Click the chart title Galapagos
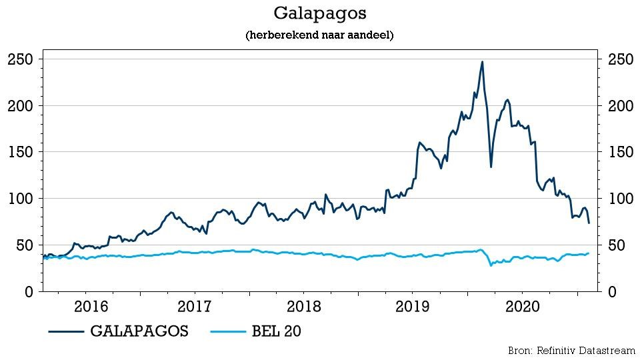coord(320,13)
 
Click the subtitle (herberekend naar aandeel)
coord(320,35)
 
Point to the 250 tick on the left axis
coord(21,59)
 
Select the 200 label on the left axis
coord(21,106)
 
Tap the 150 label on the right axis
coord(621,152)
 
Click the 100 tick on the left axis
coord(21,199)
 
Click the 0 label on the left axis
coord(29,292)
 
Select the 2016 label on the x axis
coord(91,307)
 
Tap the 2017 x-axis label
coord(195,307)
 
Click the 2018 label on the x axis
coord(303,307)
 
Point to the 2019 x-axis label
coord(411,307)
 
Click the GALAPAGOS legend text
coord(139,331)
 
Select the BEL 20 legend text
coord(272,331)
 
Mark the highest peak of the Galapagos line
coord(482,62)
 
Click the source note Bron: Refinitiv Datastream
coord(571,350)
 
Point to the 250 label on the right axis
coord(621,59)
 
